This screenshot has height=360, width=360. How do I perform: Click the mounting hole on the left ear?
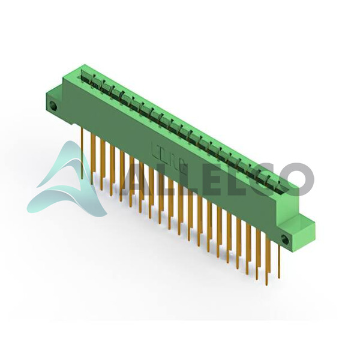(53, 106)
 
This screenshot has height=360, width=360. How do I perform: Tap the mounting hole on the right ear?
(285, 239)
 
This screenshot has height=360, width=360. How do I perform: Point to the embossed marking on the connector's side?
(169, 156)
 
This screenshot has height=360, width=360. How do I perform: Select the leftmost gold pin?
(82, 153)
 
